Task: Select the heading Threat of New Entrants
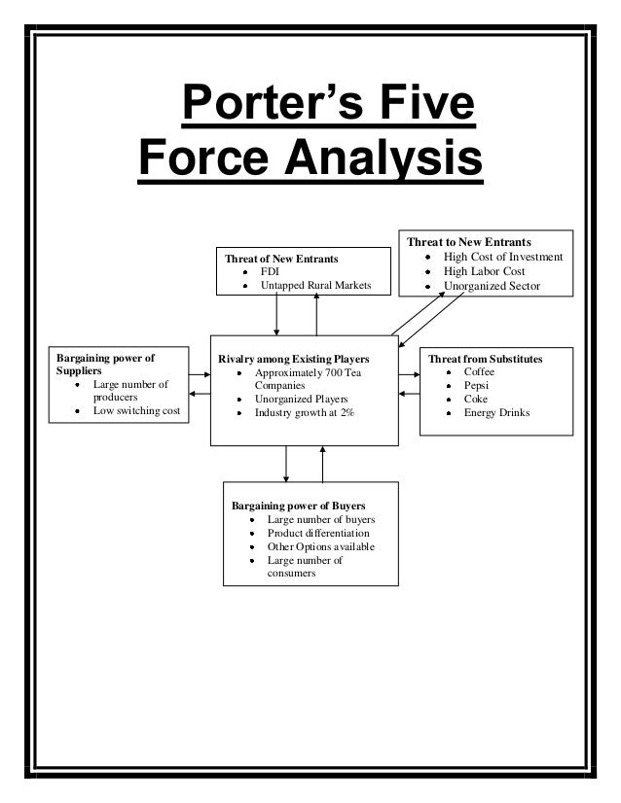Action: (281, 259)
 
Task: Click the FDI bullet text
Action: (269, 272)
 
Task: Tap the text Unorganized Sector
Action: (493, 286)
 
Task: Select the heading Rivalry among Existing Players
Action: (294, 359)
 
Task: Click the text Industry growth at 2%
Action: (304, 412)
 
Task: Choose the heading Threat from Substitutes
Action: (486, 359)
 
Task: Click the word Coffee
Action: (480, 372)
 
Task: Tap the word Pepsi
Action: (477, 386)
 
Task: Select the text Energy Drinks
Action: (496, 412)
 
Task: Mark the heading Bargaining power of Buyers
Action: (298, 506)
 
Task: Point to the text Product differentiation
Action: (318, 533)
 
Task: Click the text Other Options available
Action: (320, 546)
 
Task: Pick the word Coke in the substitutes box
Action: (476, 399)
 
